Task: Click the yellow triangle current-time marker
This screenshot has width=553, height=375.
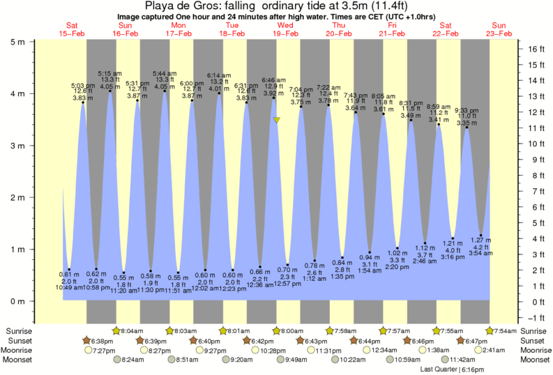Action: coord(277,121)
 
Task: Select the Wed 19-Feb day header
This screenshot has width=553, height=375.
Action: coord(285,29)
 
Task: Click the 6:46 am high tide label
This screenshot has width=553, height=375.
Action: coord(273,81)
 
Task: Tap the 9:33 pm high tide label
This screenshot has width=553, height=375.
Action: coord(467,110)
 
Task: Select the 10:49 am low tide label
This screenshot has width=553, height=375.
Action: coord(69,286)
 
